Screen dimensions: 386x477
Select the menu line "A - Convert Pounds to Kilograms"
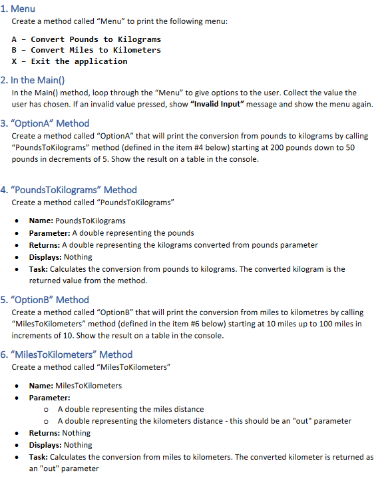pos(87,39)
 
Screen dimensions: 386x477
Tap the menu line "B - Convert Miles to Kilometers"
pos(87,50)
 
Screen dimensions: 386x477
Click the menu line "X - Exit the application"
pos(70,61)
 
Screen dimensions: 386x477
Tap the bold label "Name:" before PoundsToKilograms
pos(41,221)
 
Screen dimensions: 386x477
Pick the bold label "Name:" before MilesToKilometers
pos(41,385)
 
